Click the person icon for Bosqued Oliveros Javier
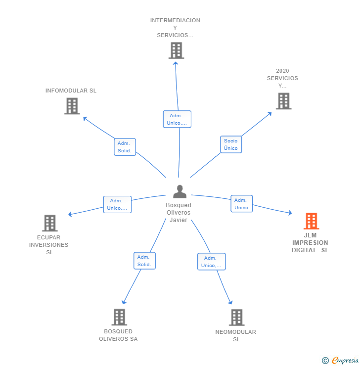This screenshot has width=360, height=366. click(180, 191)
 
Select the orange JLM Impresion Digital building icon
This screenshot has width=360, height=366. click(311, 221)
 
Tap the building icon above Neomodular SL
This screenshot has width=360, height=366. click(237, 318)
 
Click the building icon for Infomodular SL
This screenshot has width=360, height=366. click(72, 106)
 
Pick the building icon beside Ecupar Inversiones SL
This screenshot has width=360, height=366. click(49, 224)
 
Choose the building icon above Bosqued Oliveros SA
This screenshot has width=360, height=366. click(119, 317)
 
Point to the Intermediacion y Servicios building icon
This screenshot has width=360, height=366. click(176, 50)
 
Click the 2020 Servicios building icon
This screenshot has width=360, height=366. click(283, 101)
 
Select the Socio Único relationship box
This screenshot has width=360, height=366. click(230, 144)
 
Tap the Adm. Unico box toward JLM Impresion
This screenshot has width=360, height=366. click(241, 204)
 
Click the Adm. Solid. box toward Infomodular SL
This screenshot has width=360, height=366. click(125, 147)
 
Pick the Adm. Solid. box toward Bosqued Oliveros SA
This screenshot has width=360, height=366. click(144, 261)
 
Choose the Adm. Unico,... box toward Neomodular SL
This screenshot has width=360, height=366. click(211, 262)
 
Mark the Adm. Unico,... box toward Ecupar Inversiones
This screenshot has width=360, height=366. click(117, 204)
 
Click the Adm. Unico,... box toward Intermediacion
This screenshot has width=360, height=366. click(177, 119)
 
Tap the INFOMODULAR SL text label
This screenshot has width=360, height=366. click(71, 91)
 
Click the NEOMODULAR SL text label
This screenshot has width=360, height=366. click(236, 335)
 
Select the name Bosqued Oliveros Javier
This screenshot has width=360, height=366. click(179, 213)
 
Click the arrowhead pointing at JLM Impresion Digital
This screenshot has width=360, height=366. click(290, 213)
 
